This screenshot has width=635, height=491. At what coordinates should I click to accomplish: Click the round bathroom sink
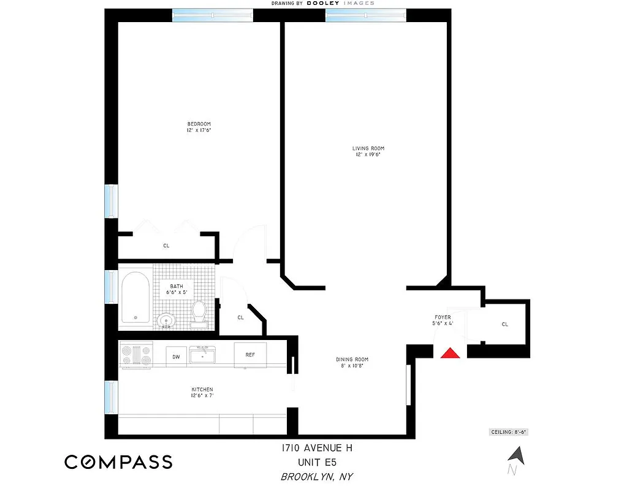click(x=165, y=320)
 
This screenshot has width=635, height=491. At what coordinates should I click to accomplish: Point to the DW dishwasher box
click(x=176, y=356)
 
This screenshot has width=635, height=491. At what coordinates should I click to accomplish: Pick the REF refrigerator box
click(x=250, y=355)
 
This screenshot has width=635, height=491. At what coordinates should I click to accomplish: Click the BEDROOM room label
click(x=199, y=124)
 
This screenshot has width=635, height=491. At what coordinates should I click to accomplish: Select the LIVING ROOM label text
click(x=368, y=149)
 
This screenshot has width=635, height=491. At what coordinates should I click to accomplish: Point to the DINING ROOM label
click(x=352, y=360)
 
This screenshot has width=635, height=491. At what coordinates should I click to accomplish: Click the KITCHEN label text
click(x=202, y=390)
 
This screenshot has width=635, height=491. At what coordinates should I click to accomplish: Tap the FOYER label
click(x=443, y=317)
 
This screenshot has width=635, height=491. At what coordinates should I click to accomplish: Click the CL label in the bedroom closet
click(x=166, y=246)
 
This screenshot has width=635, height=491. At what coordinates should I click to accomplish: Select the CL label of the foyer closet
click(x=505, y=324)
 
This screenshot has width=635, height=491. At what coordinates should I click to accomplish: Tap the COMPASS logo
click(x=118, y=462)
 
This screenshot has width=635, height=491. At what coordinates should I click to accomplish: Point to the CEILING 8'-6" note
click(x=508, y=432)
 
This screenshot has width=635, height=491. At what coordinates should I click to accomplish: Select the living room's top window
click(x=366, y=15)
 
